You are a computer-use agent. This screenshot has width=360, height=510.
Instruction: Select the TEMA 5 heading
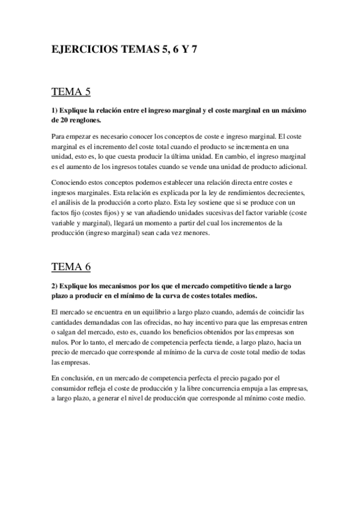[72, 92]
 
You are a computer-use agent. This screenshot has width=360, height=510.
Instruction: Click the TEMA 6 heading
[72, 266]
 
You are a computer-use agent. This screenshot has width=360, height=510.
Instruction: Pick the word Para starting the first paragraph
[59, 136]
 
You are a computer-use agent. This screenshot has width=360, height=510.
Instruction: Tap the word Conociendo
[71, 182]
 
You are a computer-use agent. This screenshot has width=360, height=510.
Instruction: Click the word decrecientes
[285, 191]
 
